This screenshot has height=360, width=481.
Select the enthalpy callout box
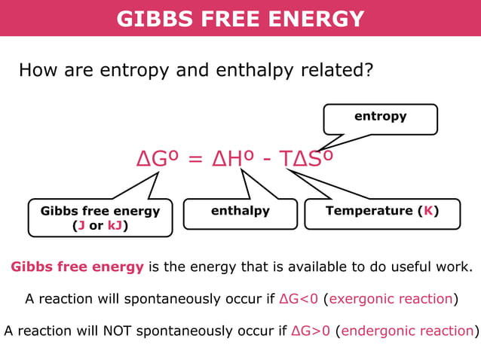click(x=240, y=212)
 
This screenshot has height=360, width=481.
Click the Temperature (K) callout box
click(x=381, y=212)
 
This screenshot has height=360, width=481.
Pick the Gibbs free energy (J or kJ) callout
click(x=100, y=218)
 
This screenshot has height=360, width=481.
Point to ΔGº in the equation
click(x=158, y=160)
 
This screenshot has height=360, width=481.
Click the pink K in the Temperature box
click(x=427, y=211)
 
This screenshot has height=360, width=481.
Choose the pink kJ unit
click(x=116, y=225)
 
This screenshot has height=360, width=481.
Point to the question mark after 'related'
click(x=369, y=71)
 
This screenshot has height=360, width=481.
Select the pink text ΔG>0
click(x=311, y=331)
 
